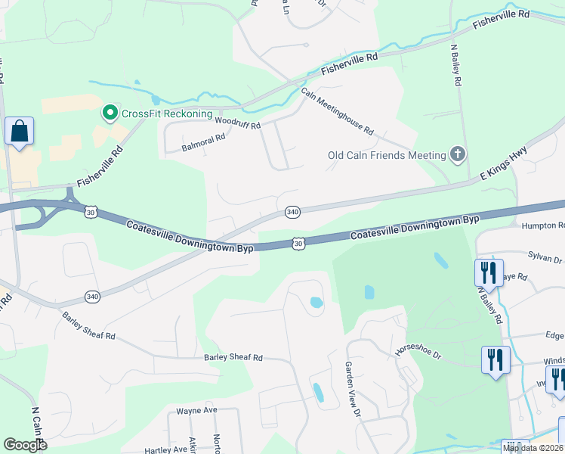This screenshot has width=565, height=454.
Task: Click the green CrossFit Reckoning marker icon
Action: pyautogui.click(x=110, y=113)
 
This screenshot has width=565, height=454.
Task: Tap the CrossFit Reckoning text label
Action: pyautogui.click(x=167, y=113)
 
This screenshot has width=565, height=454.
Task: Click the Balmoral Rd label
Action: pyautogui.click(x=204, y=140)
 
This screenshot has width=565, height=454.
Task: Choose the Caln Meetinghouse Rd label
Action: pyautogui.click(x=338, y=111)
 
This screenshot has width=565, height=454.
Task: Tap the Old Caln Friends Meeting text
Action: pyautogui.click(x=387, y=155)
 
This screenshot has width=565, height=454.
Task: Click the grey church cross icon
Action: pyautogui.click(x=457, y=155)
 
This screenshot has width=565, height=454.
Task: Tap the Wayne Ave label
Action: pyautogui.click(x=196, y=410)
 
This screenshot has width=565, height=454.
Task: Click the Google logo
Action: pyautogui.click(x=25, y=445)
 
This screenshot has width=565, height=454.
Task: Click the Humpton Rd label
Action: pyautogui.click(x=543, y=225)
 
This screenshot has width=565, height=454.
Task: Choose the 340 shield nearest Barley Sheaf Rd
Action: pyautogui.click(x=92, y=296)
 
